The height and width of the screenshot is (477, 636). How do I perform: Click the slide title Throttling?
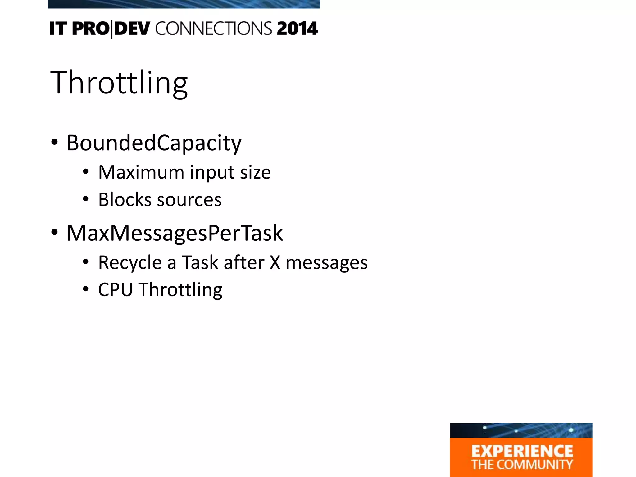[119, 83]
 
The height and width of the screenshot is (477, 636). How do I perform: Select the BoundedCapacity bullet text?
[154, 143]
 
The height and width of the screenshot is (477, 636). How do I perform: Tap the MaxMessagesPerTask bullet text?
[175, 233]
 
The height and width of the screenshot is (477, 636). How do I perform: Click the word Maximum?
[141, 172]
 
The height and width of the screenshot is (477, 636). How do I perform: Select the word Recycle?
[130, 263]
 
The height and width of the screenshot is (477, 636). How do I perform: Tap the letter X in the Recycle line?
[275, 263]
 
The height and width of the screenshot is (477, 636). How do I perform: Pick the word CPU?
[115, 290]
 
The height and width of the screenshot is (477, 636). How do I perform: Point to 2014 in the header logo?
[297, 29]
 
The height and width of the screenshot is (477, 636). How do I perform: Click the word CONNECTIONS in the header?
[214, 29]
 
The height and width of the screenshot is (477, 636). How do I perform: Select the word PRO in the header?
[90, 29]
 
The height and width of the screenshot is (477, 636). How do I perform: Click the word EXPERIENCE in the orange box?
[522, 451]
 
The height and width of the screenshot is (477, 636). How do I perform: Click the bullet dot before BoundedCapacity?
[54, 142]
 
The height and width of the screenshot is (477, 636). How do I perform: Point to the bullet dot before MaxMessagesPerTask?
[54, 232]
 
